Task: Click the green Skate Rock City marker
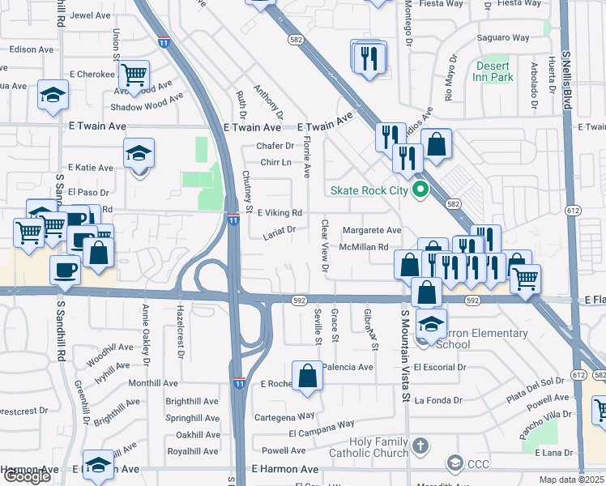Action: tap(420, 191)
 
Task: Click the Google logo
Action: tap(26, 476)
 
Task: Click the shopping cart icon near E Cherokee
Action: tap(134, 77)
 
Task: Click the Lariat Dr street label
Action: tap(280, 229)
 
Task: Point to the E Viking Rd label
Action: tap(280, 213)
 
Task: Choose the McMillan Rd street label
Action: tap(365, 247)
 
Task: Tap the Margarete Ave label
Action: tap(371, 230)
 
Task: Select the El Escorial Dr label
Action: tap(440, 367)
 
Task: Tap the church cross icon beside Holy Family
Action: tap(420, 446)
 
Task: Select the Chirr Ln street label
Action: tap(274, 162)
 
